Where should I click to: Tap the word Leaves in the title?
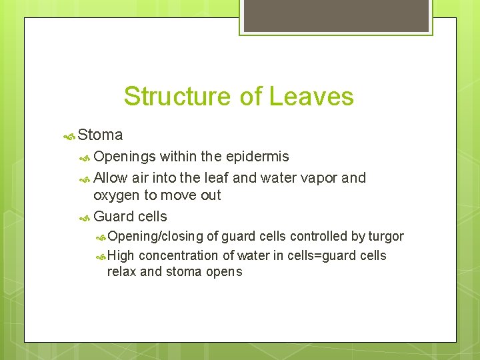[x=311, y=97]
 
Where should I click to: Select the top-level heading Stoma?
[x=100, y=135]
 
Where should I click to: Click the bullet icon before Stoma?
[x=69, y=136]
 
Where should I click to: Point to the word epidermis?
[x=257, y=157]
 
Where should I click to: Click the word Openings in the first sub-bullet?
[x=125, y=157]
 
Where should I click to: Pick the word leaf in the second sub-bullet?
[x=217, y=178]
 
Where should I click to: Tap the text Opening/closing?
[x=155, y=237]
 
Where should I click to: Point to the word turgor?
[x=386, y=237]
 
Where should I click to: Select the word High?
[x=121, y=256]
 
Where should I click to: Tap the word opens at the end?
[x=224, y=273]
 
